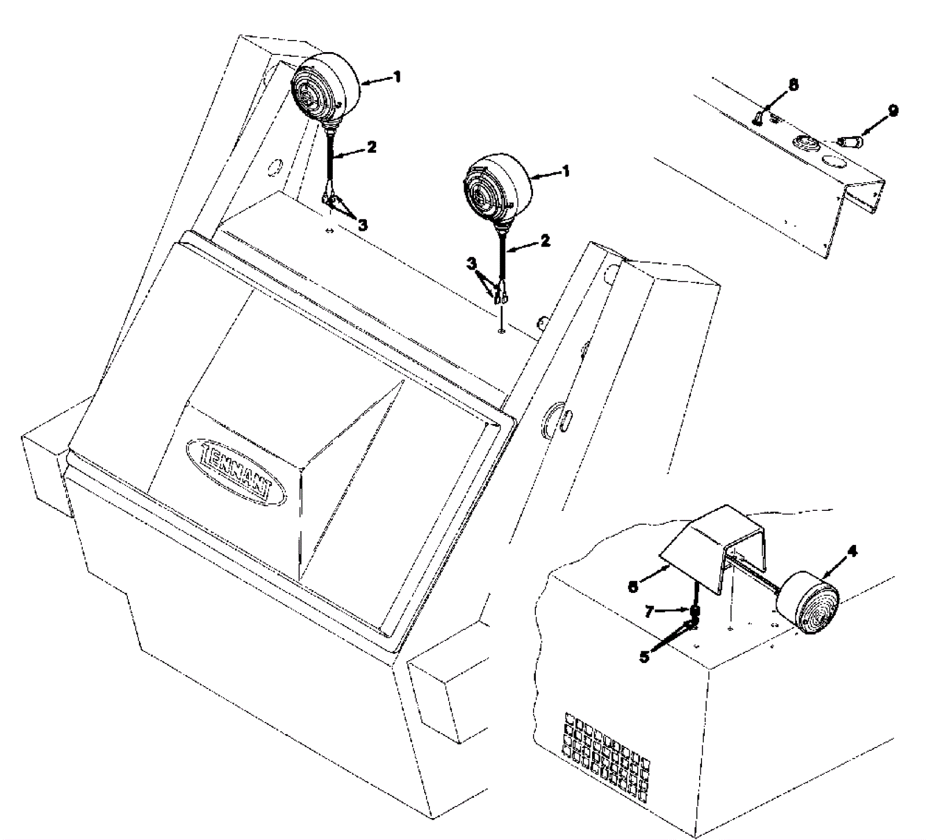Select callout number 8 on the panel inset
coord(793,84)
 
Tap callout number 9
coord(893,110)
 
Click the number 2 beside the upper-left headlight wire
coord(371,147)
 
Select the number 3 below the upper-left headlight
coord(362,224)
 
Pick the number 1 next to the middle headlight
coord(565,171)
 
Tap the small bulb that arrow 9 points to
coord(849,141)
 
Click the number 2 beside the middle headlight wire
coord(545,241)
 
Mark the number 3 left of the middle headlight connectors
coord(473,264)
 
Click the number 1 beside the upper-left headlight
coord(396,76)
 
